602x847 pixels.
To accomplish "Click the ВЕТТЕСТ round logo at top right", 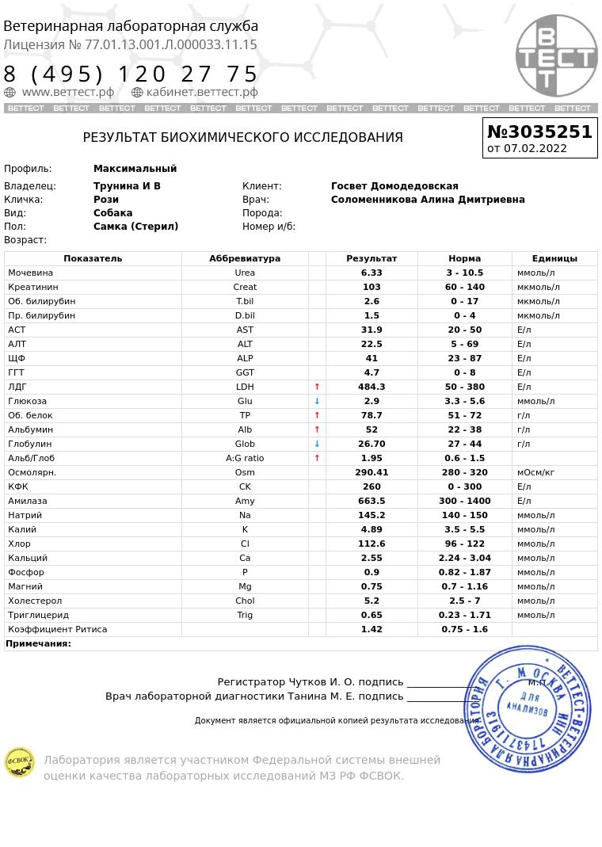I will [556, 55].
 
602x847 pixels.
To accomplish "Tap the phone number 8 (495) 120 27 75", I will [131, 74].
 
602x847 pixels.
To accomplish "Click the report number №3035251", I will [539, 132].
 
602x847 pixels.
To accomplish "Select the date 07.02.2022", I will [535, 148].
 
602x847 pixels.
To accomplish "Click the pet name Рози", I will [106, 200].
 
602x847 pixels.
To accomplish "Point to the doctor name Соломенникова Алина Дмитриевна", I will [428, 200].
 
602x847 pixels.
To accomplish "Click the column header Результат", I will [371, 258].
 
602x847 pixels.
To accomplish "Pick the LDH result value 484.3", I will [371, 387].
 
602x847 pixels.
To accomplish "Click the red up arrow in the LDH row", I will [317, 387].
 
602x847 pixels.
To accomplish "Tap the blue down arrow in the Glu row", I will [317, 401].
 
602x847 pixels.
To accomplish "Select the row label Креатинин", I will [32, 287].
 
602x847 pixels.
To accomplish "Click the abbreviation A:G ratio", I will [245, 458].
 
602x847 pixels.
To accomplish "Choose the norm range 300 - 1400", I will [464, 501].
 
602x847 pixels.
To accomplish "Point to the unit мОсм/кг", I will [535, 472].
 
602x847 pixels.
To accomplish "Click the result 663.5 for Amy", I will [371, 501].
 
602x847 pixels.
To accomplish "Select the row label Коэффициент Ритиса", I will [57, 629].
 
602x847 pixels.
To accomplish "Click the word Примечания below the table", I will [38, 643].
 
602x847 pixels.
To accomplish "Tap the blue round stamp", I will [528, 708].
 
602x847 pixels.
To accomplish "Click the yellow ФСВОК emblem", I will [19, 762].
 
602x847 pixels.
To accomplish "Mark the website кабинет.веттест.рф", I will [202, 92].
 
